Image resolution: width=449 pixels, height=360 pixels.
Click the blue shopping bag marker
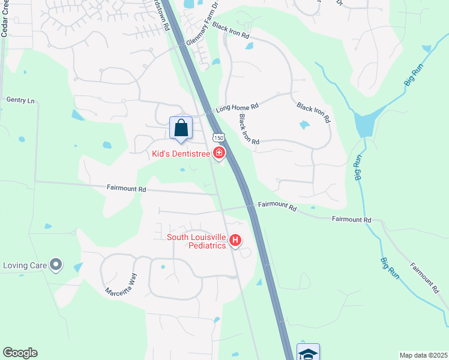pyautogui.click(x=181, y=127)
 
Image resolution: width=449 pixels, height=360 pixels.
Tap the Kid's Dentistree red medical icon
pyautogui.click(x=219, y=154)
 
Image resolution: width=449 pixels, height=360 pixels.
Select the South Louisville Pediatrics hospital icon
pyautogui.click(x=236, y=241)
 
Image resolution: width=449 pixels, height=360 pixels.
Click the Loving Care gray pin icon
pyautogui.click(x=56, y=264)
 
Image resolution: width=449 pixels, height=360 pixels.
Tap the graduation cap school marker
pyautogui.click(x=308, y=353)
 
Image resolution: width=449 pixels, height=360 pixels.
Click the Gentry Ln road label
pyautogui.click(x=20, y=100)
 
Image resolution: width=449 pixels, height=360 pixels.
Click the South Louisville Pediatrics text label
pyautogui.click(x=197, y=241)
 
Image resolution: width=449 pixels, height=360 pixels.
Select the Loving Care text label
pyautogui.click(x=25, y=265)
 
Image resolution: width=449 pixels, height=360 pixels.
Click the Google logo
pyautogui.click(x=20, y=353)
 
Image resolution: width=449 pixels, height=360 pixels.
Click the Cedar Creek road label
pyautogui.click(x=4, y=18)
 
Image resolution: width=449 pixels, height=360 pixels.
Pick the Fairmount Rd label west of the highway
pyautogui.click(x=127, y=188)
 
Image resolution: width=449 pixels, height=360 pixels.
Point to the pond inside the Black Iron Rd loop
pyautogui.click(x=304, y=125)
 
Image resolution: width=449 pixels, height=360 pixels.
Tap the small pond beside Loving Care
pyautogui.click(x=78, y=267)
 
